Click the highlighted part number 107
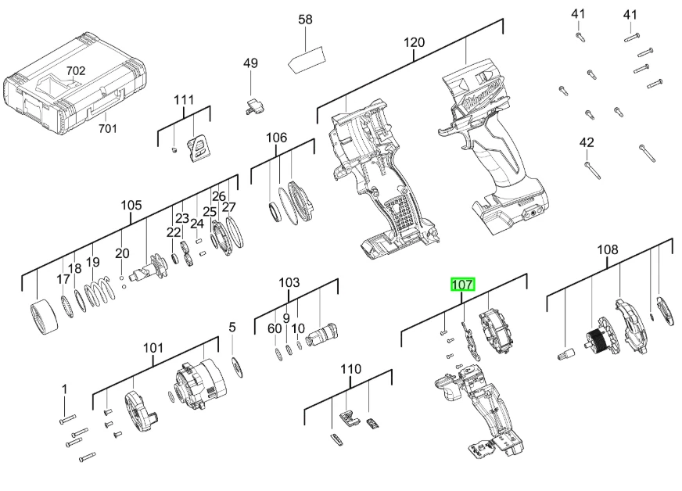(462, 285)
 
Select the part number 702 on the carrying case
(76, 70)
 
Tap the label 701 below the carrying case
(107, 128)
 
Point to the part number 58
(305, 20)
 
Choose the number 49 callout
(250, 63)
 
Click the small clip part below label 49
(253, 106)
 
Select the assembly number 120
(414, 43)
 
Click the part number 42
(587, 142)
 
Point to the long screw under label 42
(592, 170)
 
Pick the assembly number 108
(607, 249)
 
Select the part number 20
(122, 253)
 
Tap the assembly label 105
(131, 206)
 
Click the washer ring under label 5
(238, 367)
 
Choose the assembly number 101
(153, 348)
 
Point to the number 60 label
(275, 329)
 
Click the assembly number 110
(350, 369)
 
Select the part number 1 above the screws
(65, 389)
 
